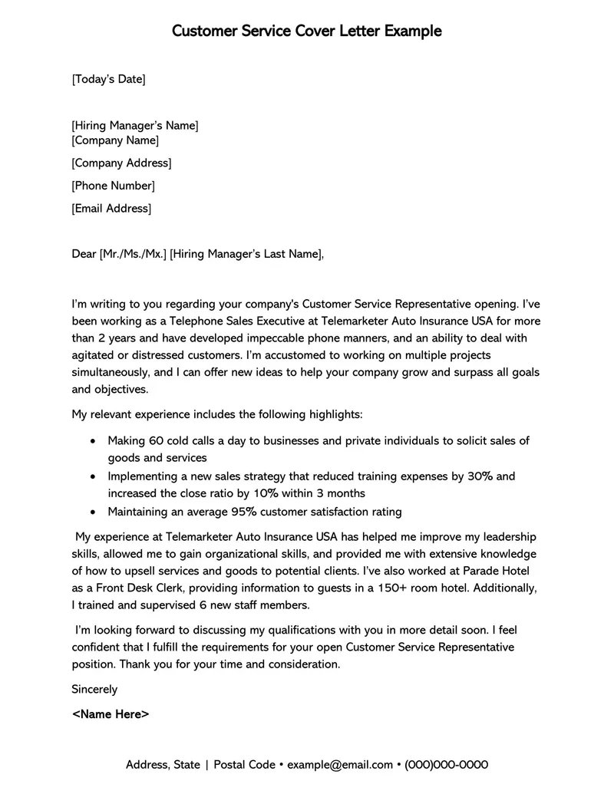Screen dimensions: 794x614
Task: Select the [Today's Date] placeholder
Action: tap(108, 79)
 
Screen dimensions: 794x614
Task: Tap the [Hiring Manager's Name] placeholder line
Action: tap(134, 126)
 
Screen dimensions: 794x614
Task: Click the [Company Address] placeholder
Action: tap(121, 163)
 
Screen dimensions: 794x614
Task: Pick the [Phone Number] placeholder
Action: tap(113, 186)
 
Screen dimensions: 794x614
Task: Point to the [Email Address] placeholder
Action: tap(111, 209)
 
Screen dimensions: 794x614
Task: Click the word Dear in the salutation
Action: tap(84, 254)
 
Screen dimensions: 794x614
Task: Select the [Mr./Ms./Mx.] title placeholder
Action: tap(133, 254)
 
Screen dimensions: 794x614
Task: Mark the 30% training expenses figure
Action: tap(480, 476)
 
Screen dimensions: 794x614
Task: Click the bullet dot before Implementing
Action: tap(93, 476)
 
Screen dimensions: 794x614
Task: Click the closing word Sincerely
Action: tap(94, 690)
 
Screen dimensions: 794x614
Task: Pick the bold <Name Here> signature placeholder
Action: tap(111, 714)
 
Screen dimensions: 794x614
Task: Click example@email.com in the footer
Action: tap(341, 765)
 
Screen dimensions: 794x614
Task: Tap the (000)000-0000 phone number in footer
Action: tap(447, 765)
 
